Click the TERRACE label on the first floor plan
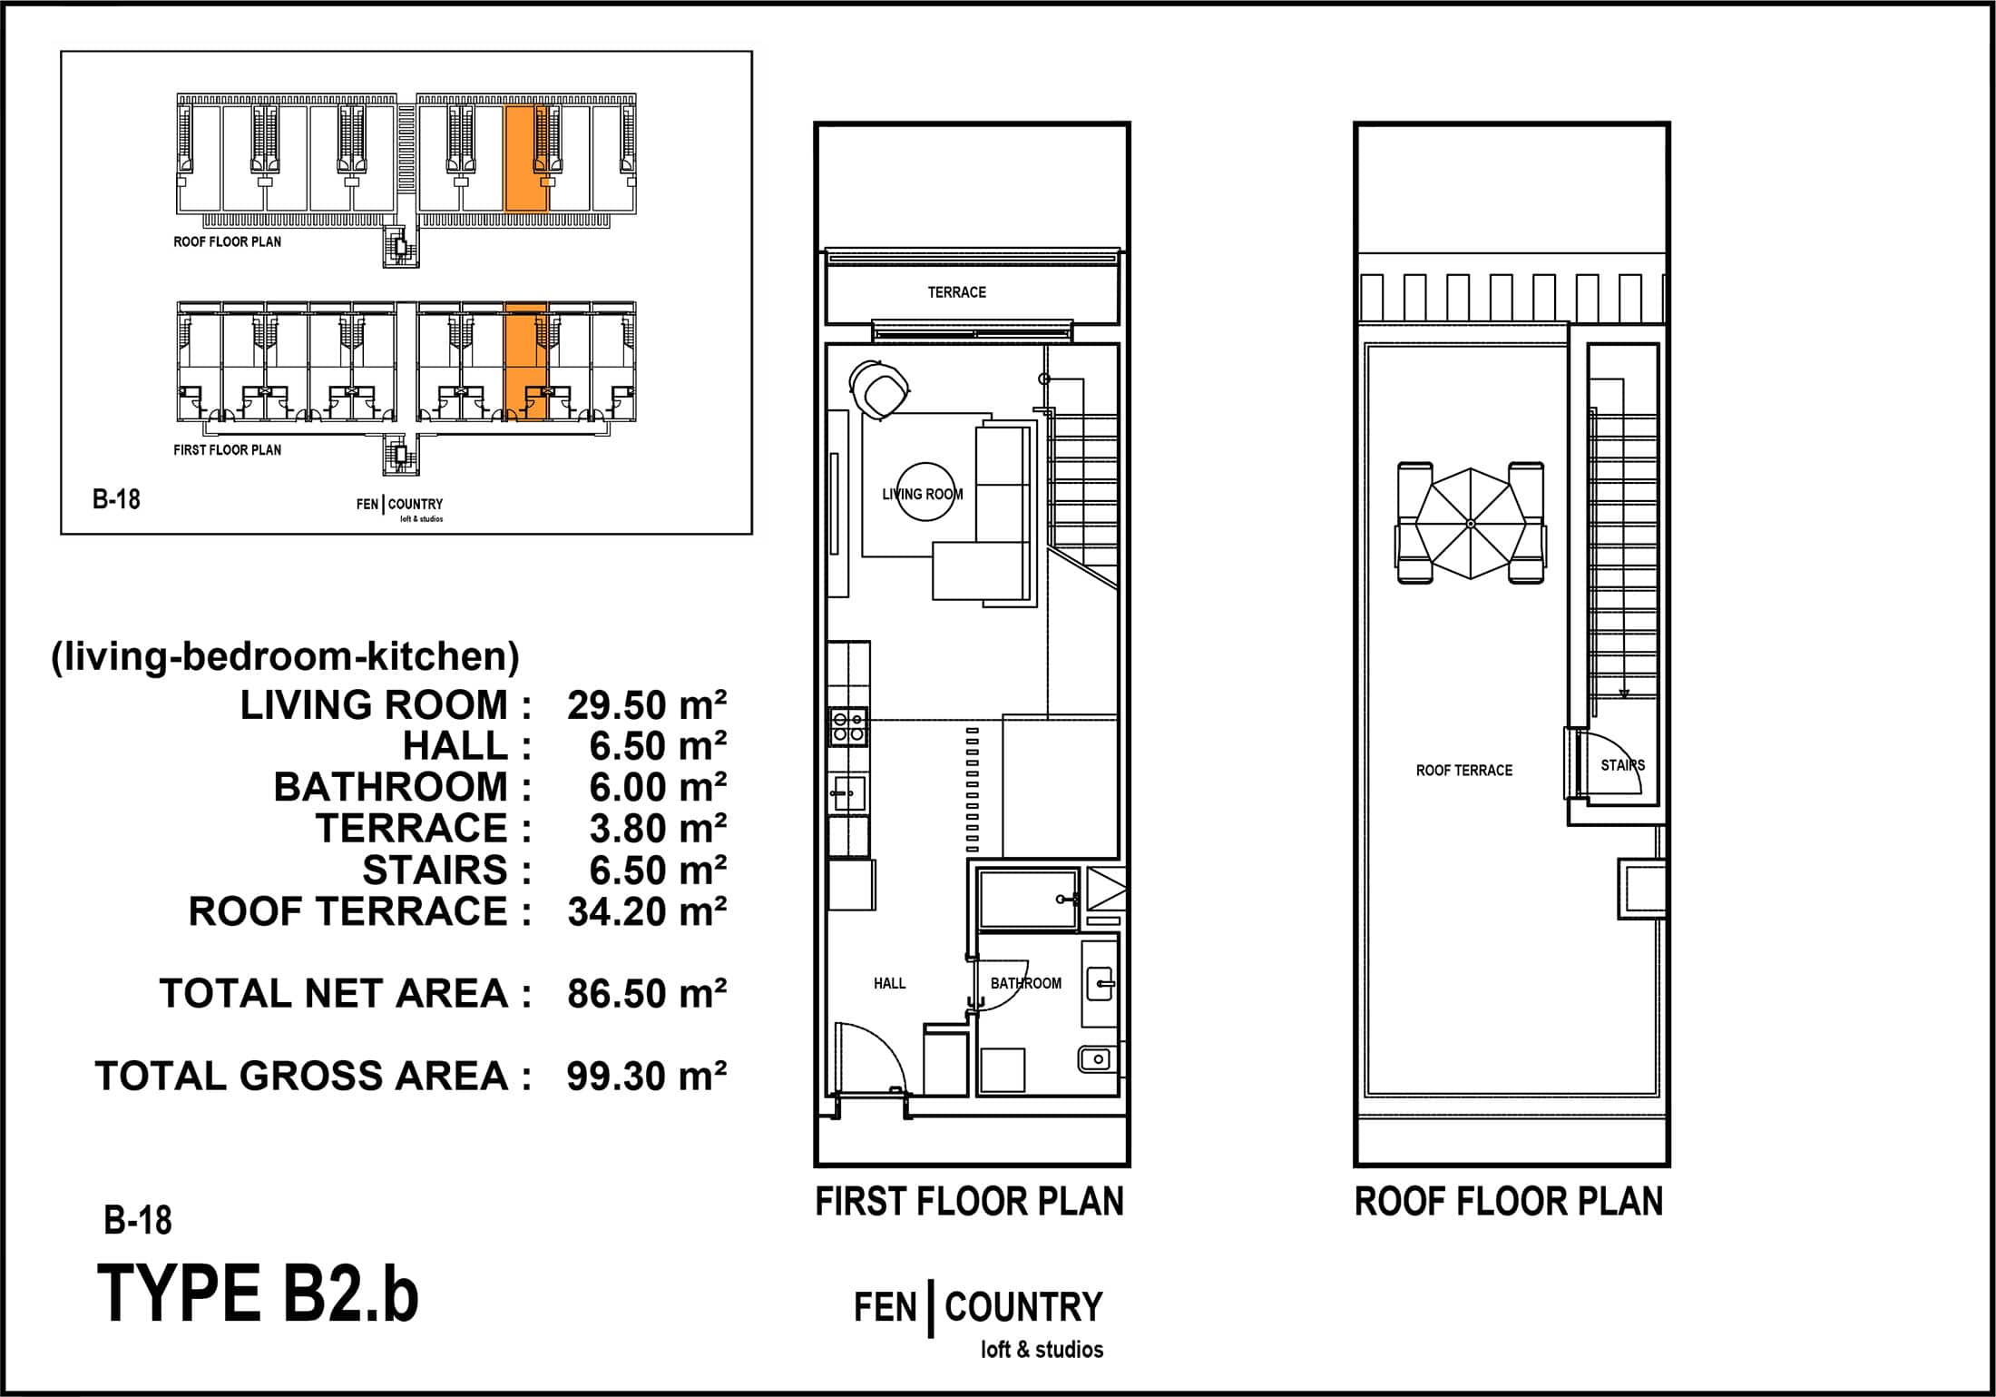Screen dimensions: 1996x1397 956,292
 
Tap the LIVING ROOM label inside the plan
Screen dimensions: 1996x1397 923,495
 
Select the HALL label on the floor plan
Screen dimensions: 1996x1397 889,983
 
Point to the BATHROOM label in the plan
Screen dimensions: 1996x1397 1025,983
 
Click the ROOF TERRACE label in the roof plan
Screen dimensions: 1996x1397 1464,771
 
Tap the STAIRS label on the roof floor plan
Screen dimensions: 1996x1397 1622,765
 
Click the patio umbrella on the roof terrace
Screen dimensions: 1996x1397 1470,524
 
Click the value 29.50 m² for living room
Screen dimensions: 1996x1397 647,705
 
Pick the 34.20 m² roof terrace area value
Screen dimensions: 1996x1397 647,912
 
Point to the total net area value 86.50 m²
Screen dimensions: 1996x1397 647,994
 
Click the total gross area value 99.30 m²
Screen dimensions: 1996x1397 647,1077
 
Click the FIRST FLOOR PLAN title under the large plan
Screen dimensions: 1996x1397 969,1202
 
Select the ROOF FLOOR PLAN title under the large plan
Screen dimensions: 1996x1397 1509,1202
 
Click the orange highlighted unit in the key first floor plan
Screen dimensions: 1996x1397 525,362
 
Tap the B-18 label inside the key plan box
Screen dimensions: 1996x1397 116,499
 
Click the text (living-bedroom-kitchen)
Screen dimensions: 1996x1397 285,656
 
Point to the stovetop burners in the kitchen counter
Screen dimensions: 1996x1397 848,726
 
